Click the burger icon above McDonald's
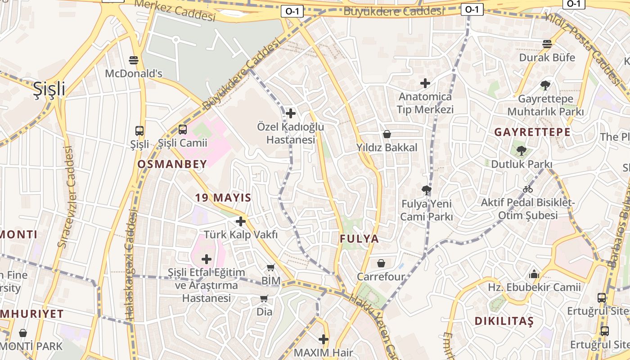134,60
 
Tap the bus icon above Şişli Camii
182,130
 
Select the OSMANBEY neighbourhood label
172,164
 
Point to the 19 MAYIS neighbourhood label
223,198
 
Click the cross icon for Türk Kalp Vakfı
241,221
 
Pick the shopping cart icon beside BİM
270,268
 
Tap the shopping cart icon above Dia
264,298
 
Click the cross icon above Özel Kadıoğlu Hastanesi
291,113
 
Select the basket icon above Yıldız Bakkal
387,134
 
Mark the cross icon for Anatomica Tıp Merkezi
425,83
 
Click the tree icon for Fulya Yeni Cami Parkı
426,190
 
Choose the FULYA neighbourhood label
359,239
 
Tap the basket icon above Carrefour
381,263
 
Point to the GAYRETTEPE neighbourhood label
532,132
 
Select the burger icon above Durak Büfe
547,44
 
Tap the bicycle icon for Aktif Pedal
528,189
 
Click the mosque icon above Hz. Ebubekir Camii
534,274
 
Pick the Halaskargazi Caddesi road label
130,265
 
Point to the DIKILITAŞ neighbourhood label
504,321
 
